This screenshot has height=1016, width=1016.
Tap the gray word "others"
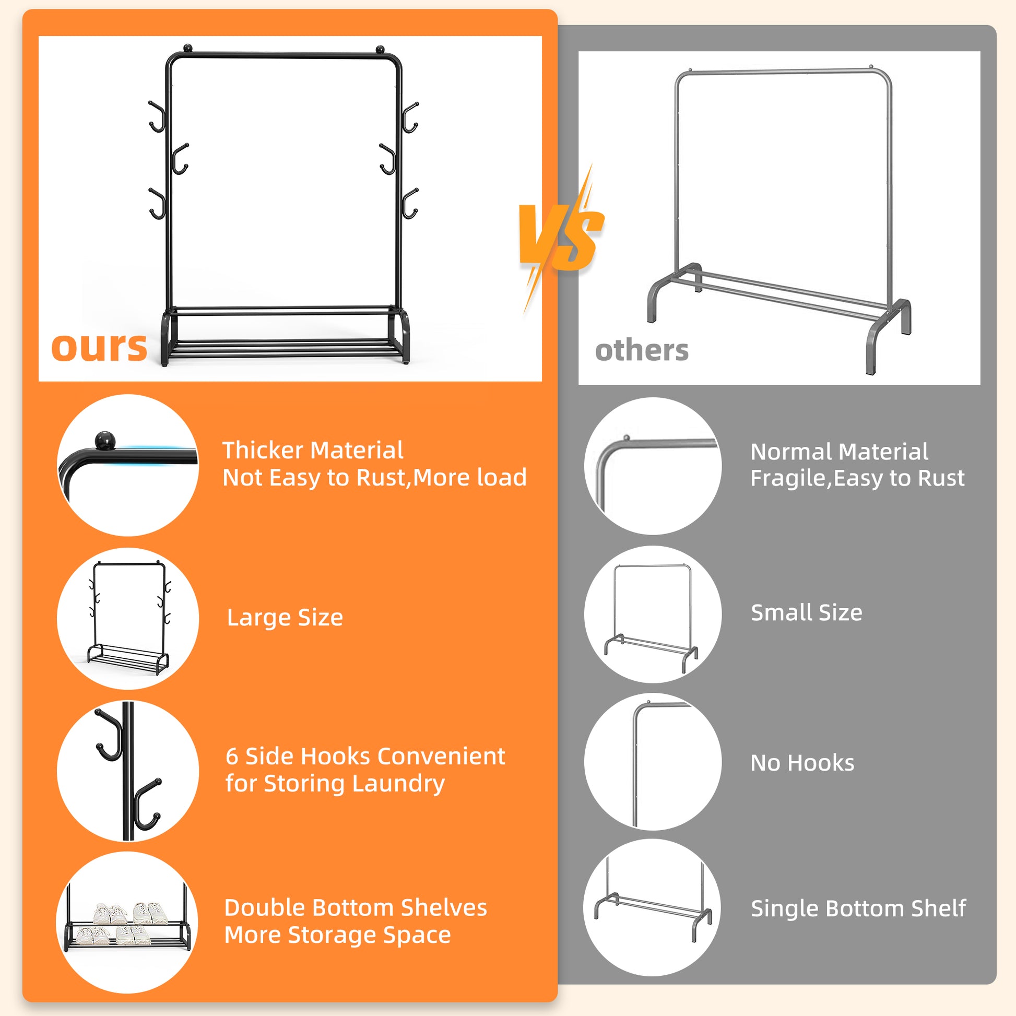click(x=642, y=350)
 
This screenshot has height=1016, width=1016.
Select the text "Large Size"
click(x=285, y=618)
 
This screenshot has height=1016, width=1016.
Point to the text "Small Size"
click(x=807, y=612)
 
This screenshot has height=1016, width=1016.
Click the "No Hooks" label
click(x=802, y=763)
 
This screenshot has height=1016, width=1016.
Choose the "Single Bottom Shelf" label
click(x=858, y=908)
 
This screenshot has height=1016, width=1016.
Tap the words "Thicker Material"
click(x=313, y=450)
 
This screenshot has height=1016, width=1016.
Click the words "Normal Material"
click(x=840, y=452)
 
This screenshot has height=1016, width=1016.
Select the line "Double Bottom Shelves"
click(x=356, y=908)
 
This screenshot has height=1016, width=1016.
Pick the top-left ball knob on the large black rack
click(x=188, y=49)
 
